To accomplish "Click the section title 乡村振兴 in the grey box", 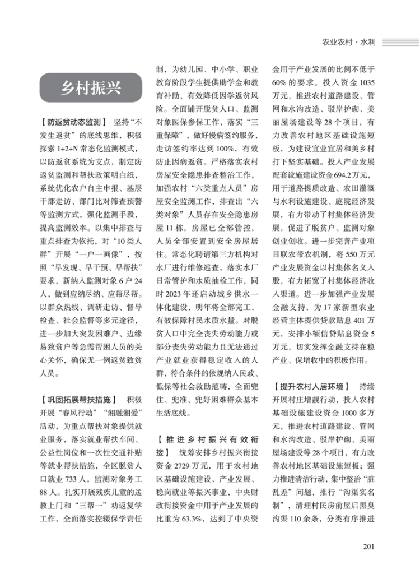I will point(90,88).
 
